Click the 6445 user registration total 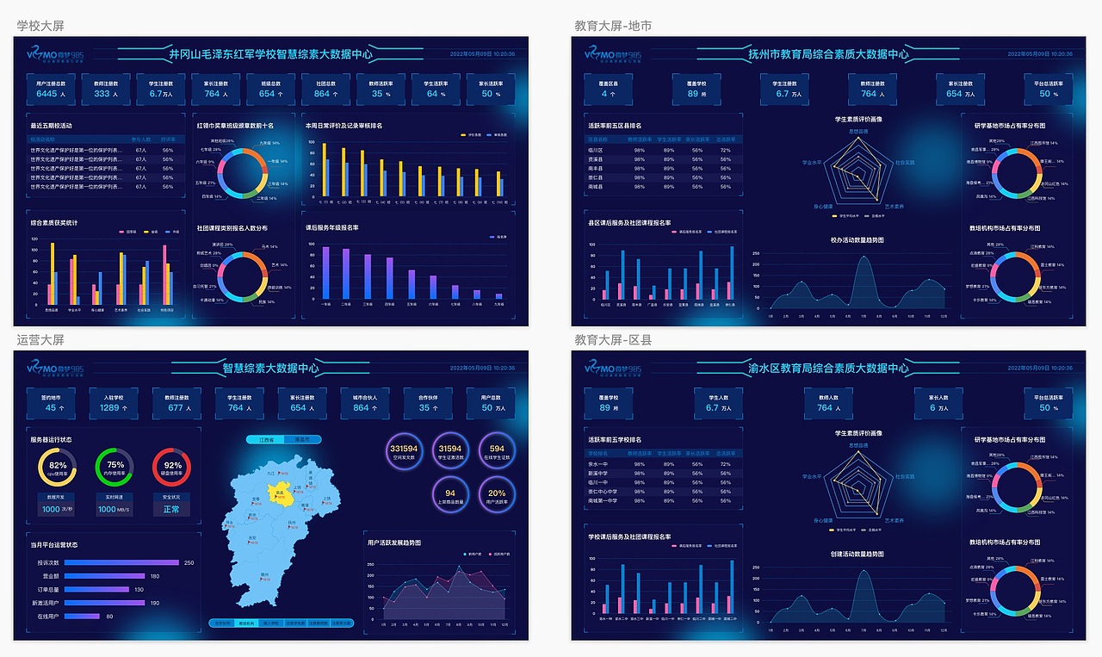pyautogui.click(x=46, y=94)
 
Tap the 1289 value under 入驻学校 pyautogui.click(x=109, y=407)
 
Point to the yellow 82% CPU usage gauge pyautogui.click(x=59, y=466)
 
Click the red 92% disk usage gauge pyautogui.click(x=172, y=466)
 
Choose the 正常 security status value pyautogui.click(x=172, y=509)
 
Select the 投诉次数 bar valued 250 pyautogui.click(x=121, y=562)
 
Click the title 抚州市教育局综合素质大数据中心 pyautogui.click(x=828, y=54)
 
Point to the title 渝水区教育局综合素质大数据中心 pyautogui.click(x=828, y=369)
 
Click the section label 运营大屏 pyautogui.click(x=40, y=340)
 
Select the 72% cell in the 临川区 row pyautogui.click(x=725, y=149)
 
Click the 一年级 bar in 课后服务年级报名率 pyautogui.click(x=326, y=272)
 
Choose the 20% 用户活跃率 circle pyautogui.click(x=497, y=492)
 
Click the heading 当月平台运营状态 pyautogui.click(x=54, y=544)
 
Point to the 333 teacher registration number pyautogui.click(x=102, y=94)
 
